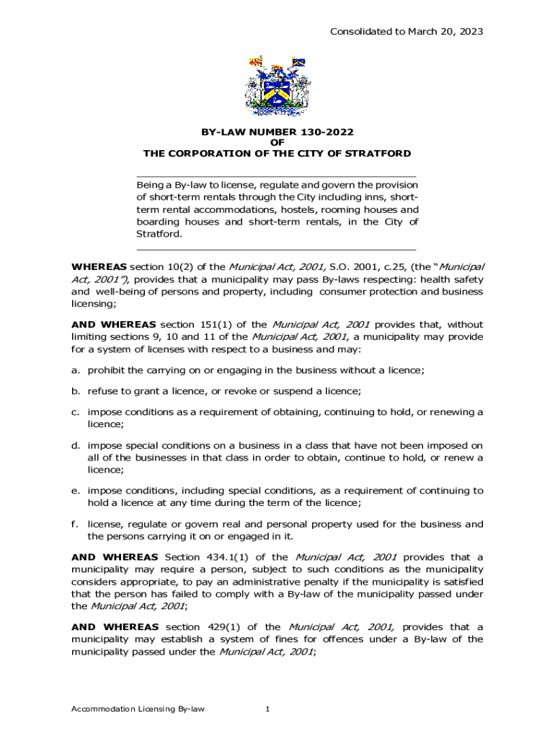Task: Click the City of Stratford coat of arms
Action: point(276,85)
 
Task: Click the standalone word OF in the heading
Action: point(277,143)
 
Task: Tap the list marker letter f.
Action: point(75,524)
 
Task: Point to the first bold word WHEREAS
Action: point(99,267)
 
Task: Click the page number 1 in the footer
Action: point(267,709)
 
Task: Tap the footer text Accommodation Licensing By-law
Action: point(137,709)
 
